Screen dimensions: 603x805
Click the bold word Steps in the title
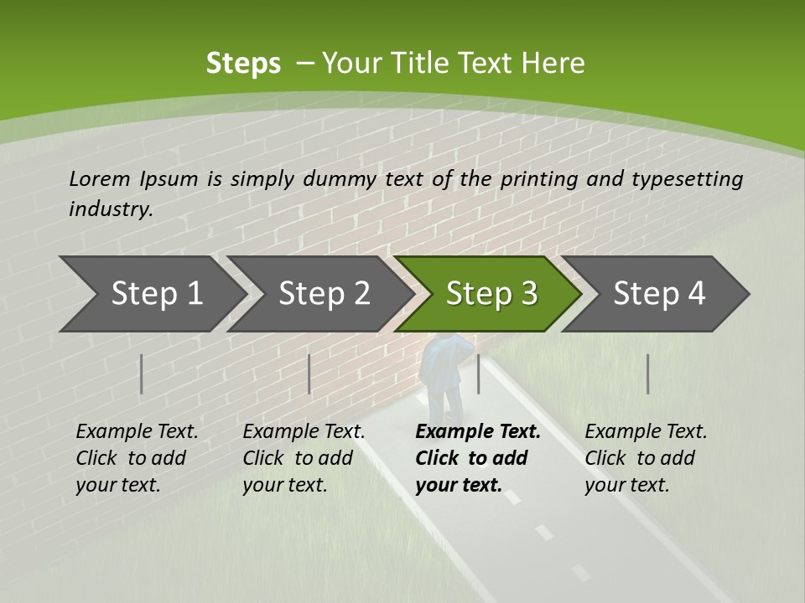tap(243, 64)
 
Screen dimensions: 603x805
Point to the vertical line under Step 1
tap(142, 374)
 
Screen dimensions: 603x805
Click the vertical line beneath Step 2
tap(309, 374)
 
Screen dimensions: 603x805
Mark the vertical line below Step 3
tap(479, 374)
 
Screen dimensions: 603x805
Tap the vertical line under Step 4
tap(648, 374)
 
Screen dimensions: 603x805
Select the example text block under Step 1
tap(137, 458)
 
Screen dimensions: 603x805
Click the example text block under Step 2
tap(304, 458)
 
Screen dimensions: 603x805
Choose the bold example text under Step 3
tap(477, 458)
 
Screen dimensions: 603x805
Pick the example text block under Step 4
tap(646, 458)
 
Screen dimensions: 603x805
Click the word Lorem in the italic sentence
tap(100, 178)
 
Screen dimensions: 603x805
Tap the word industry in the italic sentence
tap(110, 209)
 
